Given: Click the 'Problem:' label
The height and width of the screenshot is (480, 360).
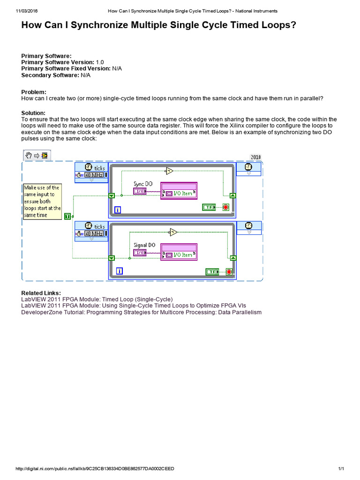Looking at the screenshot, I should tap(34, 92).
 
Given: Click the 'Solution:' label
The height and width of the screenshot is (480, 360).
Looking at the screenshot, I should tap(33, 113).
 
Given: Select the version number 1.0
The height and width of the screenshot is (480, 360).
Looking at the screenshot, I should tap(100, 62).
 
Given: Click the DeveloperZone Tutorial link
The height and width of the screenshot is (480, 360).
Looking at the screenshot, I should tap(141, 312).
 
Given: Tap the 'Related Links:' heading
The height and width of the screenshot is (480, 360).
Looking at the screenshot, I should tap(41, 293).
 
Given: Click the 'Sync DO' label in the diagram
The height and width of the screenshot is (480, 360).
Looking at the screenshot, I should tap(143, 184).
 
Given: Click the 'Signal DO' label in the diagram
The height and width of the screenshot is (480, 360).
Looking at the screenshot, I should tap(144, 245).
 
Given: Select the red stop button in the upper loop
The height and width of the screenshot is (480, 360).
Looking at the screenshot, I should tap(225, 207).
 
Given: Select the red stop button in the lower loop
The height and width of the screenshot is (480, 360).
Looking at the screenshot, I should tap(229, 271).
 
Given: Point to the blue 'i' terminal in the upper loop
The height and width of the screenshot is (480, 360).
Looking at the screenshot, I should tap(118, 210).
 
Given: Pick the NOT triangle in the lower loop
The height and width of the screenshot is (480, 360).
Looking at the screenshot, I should tap(173, 232).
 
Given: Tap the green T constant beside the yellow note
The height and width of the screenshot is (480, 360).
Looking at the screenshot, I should tap(68, 216).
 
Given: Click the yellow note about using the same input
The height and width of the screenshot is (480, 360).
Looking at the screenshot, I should tap(42, 201).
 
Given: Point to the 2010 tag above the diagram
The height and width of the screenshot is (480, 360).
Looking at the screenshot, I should tap(255, 157).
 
